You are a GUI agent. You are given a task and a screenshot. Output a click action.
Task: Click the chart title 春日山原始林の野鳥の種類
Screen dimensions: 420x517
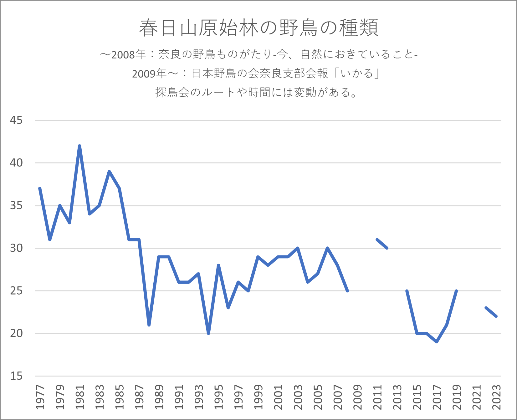click(x=258, y=28)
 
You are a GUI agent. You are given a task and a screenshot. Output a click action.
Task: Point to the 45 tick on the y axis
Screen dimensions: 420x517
click(x=16, y=120)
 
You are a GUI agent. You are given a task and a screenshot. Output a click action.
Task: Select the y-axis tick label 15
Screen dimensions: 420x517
click(x=16, y=376)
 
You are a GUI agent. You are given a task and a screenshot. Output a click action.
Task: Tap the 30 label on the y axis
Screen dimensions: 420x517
click(x=16, y=248)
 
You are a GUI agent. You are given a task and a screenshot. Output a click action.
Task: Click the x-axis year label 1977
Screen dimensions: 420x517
click(x=40, y=397)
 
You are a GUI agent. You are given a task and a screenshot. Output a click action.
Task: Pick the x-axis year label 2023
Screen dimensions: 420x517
click(x=497, y=397)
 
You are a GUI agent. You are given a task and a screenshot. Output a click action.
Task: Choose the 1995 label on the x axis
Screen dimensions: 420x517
click(x=219, y=397)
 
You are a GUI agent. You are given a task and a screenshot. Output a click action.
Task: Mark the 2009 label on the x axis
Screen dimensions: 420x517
click(x=357, y=397)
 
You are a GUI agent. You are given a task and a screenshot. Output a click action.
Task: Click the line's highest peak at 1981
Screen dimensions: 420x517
click(x=79, y=146)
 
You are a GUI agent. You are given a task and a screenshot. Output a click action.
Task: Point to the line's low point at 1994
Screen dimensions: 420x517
click(x=208, y=333)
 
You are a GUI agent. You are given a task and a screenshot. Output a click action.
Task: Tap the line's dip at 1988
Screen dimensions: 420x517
click(x=149, y=325)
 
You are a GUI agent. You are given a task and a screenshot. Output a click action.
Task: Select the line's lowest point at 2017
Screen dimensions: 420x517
click(x=437, y=342)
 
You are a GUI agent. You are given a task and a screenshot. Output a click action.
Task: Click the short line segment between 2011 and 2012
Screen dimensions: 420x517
click(x=382, y=244)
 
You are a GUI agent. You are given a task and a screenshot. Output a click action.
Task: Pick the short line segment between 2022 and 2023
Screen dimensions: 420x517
click(x=491, y=312)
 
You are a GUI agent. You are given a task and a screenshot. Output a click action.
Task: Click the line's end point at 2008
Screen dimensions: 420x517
click(x=347, y=291)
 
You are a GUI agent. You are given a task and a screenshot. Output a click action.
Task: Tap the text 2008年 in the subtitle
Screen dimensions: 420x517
click(x=129, y=55)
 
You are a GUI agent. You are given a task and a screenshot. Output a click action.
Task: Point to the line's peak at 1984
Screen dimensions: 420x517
click(x=109, y=171)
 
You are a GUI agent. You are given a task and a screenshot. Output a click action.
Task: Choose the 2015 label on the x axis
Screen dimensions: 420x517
click(x=417, y=397)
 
